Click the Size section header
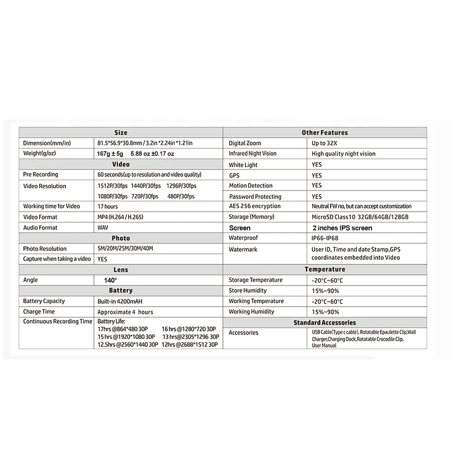(121, 132)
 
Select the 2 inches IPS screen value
(342, 227)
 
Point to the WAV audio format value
(103, 227)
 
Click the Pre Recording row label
(40, 175)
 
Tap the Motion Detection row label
(251, 185)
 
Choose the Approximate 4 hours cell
(125, 312)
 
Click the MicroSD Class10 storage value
(360, 217)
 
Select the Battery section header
(121, 290)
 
